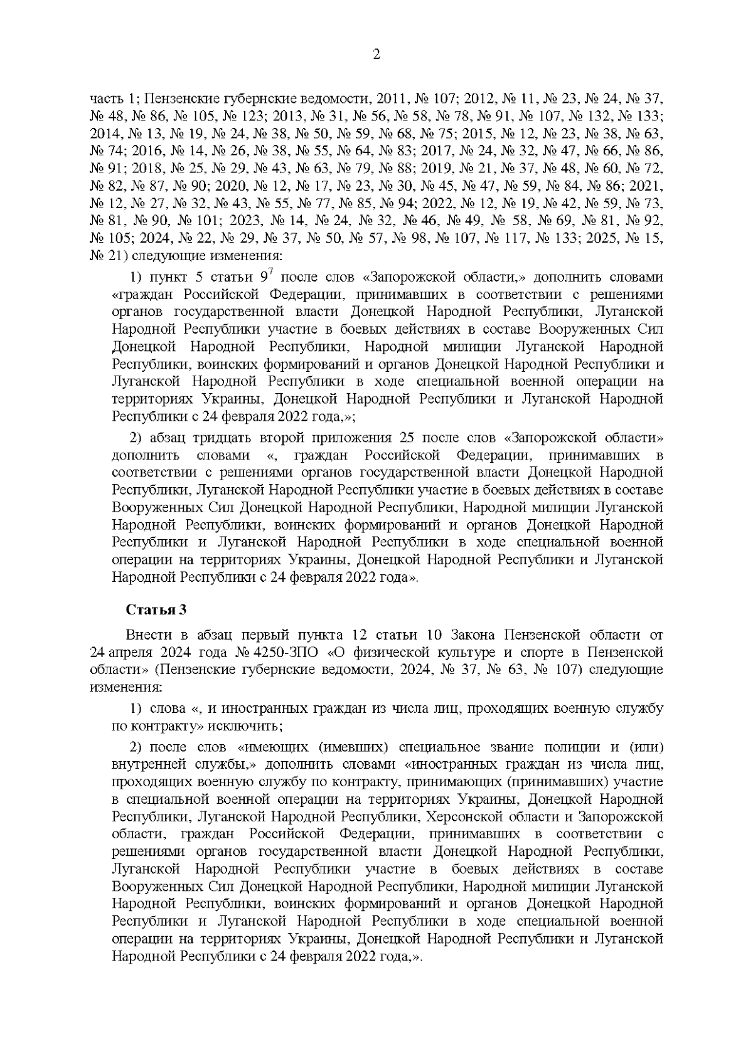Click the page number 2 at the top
tap(376, 55)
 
